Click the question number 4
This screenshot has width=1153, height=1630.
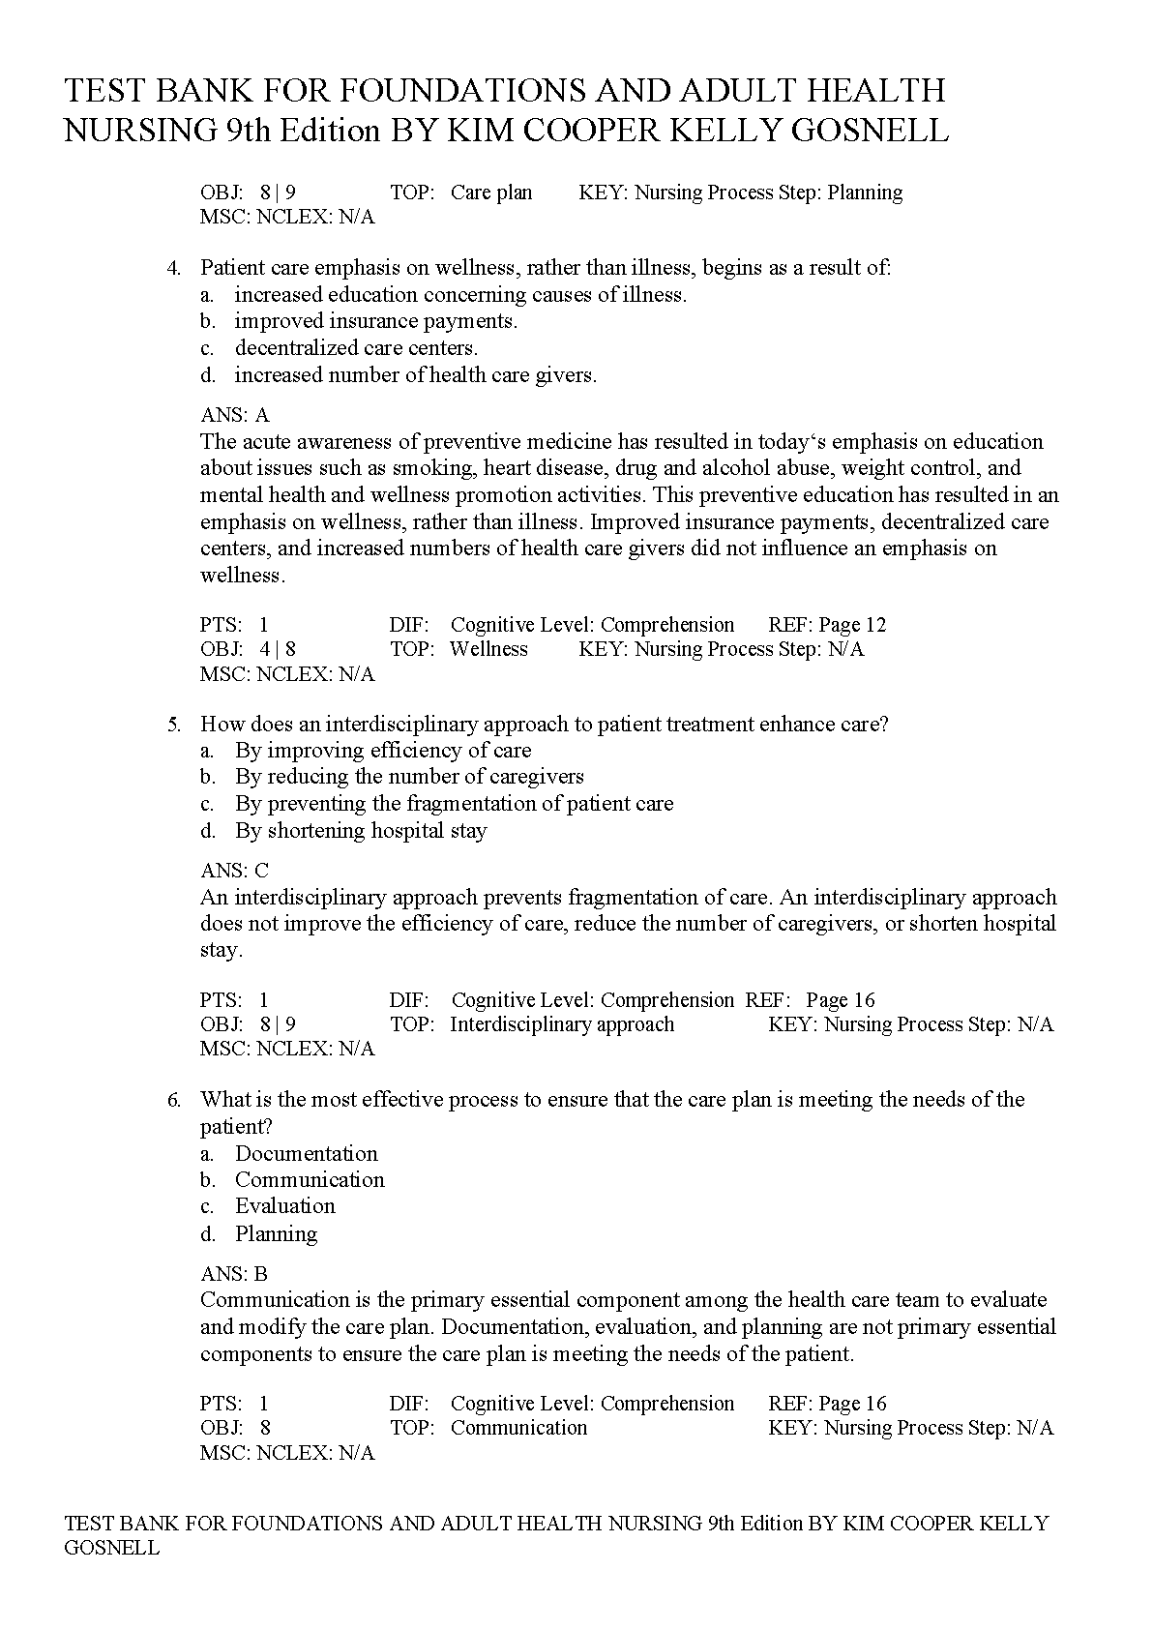(x=174, y=268)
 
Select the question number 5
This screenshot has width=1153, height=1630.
(x=174, y=724)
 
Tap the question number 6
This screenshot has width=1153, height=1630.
(x=174, y=1100)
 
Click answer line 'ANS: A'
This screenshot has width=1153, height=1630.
(x=235, y=415)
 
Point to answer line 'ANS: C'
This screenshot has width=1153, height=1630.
(x=235, y=871)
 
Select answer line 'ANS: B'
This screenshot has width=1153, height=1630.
(x=234, y=1274)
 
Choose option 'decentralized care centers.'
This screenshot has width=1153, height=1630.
(x=356, y=348)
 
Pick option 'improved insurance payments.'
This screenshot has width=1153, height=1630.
(x=375, y=321)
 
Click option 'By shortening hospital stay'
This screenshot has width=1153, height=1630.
(x=361, y=831)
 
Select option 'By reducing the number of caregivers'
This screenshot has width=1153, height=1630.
(x=409, y=777)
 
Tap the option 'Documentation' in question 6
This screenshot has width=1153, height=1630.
(x=306, y=1153)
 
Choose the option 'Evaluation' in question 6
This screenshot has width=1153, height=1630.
(x=284, y=1206)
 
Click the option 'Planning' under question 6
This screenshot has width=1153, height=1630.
(x=276, y=1233)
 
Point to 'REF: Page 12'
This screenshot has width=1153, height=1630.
(x=827, y=625)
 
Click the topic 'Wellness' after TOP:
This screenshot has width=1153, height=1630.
(x=488, y=649)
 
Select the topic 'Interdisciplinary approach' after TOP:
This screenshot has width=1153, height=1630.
(x=562, y=1024)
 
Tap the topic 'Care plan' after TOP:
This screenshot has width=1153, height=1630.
(x=491, y=193)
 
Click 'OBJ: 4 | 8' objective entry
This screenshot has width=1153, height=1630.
(x=249, y=649)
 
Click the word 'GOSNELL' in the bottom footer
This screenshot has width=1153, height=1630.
(x=111, y=1548)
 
